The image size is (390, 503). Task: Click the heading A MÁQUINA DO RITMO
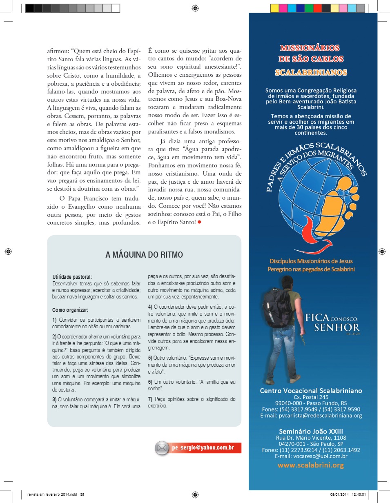point(144,255)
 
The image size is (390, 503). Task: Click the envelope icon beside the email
point(162,448)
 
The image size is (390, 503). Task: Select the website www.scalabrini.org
point(311,465)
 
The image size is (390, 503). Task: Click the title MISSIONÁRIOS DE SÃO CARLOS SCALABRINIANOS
point(311,60)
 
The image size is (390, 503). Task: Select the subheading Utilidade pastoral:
point(72,277)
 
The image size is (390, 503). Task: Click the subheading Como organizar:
point(70,310)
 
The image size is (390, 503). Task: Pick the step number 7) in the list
point(150,399)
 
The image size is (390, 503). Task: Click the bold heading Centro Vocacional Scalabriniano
point(311,391)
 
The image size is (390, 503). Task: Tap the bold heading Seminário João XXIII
point(311,432)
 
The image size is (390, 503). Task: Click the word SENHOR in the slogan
point(337,327)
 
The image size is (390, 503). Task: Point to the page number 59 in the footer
point(82,494)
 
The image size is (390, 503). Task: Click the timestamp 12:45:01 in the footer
point(357,494)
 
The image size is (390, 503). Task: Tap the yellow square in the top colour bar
point(274,8)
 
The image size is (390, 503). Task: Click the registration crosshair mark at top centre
point(195,8)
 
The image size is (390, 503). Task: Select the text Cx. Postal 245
point(311,397)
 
